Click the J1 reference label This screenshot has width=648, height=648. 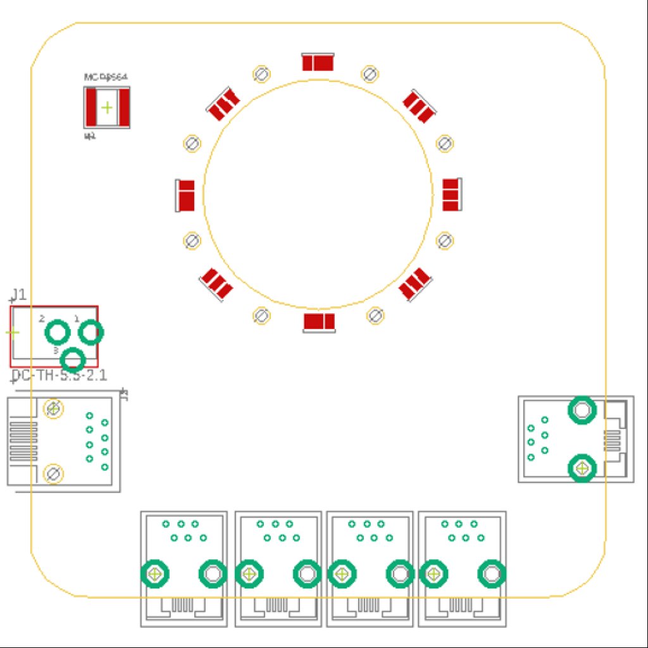tap(18, 294)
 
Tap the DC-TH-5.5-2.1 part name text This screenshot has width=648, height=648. tap(59, 376)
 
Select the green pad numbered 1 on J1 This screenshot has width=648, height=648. tap(90, 332)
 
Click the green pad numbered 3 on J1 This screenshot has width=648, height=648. tap(73, 359)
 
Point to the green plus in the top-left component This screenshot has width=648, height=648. tap(107, 108)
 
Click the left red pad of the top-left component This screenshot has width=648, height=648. tap(92, 108)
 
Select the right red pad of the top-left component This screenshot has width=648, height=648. tap(123, 108)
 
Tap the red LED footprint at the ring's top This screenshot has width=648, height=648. tap(318, 63)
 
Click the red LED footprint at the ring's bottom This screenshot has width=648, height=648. tap(319, 322)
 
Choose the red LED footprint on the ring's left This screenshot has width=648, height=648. tap(186, 195)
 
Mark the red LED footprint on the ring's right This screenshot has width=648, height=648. tap(450, 194)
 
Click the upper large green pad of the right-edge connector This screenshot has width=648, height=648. tap(582, 411)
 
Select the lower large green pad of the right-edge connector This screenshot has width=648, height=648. tap(582, 469)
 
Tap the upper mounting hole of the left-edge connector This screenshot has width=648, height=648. tap(53, 408)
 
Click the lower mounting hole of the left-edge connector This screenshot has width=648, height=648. tap(53, 473)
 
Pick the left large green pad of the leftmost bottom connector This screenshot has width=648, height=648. tap(155, 574)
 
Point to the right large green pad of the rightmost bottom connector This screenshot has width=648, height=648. tap(491, 574)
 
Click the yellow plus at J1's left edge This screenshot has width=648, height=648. tap(13, 332)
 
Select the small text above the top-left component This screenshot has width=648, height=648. tap(106, 77)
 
